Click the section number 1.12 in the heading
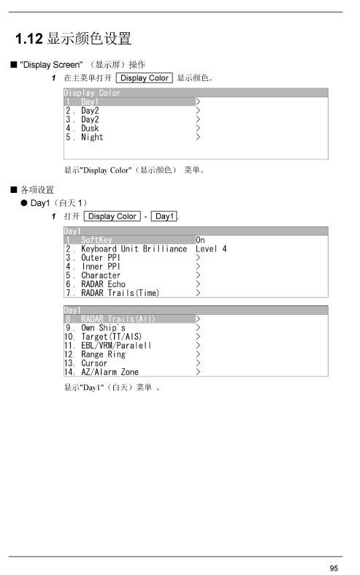(x=29, y=39)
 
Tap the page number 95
(x=334, y=568)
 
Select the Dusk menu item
(x=90, y=129)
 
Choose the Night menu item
(x=92, y=137)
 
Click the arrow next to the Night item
(x=198, y=137)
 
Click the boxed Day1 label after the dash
(x=164, y=216)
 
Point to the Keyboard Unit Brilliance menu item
(x=134, y=249)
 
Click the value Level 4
(x=211, y=249)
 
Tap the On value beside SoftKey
(x=200, y=240)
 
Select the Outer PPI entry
(x=101, y=258)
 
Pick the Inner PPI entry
(x=101, y=267)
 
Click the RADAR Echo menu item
(x=104, y=284)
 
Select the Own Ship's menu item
(x=104, y=328)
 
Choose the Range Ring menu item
(x=104, y=354)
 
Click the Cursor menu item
(x=94, y=363)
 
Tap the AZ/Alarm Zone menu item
(x=110, y=372)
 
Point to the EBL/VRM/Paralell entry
(x=116, y=346)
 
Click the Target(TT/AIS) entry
(x=112, y=337)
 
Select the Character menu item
(x=101, y=275)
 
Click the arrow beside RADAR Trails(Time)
(x=198, y=293)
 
